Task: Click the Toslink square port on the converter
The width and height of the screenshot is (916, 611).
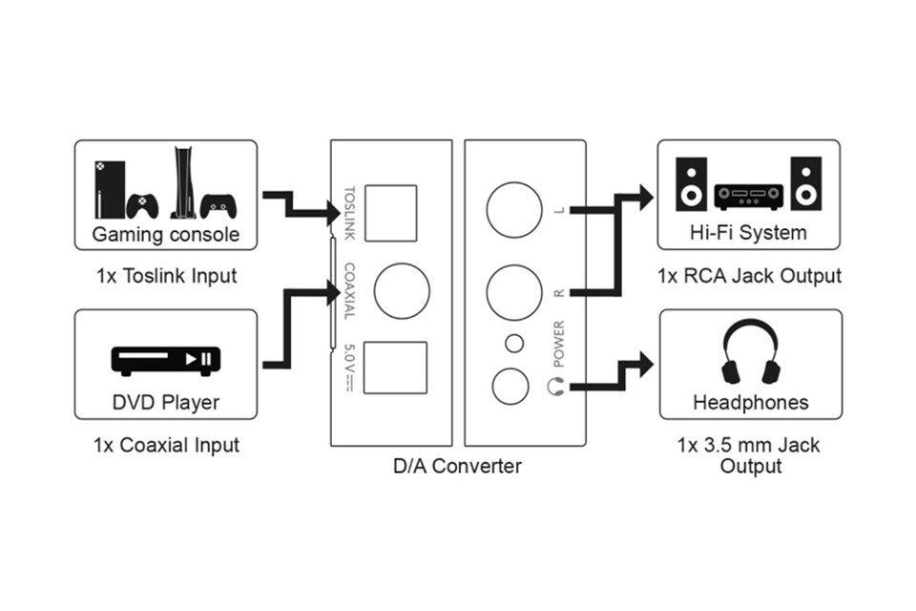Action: (x=391, y=214)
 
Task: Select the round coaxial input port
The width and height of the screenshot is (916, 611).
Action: (x=402, y=290)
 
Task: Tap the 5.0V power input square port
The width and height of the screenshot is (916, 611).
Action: (x=395, y=368)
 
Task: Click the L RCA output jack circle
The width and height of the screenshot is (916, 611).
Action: (x=514, y=210)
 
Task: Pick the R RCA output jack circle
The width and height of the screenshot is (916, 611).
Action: (x=514, y=292)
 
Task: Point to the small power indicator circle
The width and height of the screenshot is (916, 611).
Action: (x=514, y=344)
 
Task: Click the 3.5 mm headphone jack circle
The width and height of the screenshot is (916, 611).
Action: (x=510, y=387)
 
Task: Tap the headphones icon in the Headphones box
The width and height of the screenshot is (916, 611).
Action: (x=751, y=351)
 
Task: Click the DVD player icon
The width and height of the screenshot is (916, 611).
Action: (x=166, y=361)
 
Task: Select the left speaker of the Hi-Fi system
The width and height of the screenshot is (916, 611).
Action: (x=691, y=183)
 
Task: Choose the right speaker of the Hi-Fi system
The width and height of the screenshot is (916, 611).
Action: (x=806, y=183)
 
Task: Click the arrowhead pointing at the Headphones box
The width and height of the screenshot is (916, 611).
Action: (x=647, y=366)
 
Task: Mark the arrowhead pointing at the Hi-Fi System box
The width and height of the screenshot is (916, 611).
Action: (x=647, y=198)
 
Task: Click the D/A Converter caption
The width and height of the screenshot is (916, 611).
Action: (x=457, y=466)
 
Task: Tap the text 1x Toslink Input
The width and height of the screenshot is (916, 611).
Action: (x=166, y=275)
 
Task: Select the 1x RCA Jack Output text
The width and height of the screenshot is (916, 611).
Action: (x=750, y=275)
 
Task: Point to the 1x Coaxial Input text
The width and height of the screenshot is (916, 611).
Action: (x=166, y=445)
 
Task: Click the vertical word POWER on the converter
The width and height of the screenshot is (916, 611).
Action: (x=558, y=344)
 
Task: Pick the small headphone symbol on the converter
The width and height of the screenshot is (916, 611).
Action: (x=556, y=387)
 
